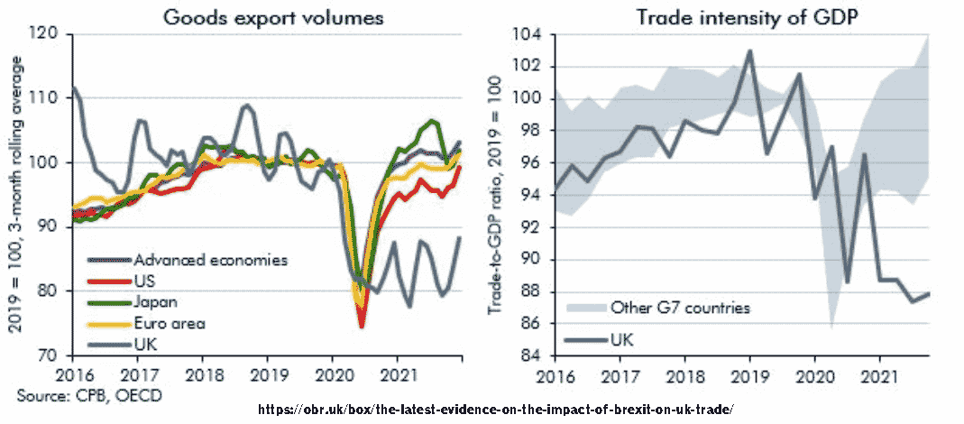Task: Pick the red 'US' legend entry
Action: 144,281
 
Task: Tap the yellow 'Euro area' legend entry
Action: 167,322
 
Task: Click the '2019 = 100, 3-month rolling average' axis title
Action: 15,195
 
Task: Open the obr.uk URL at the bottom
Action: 496,410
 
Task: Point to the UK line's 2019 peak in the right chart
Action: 749,51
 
